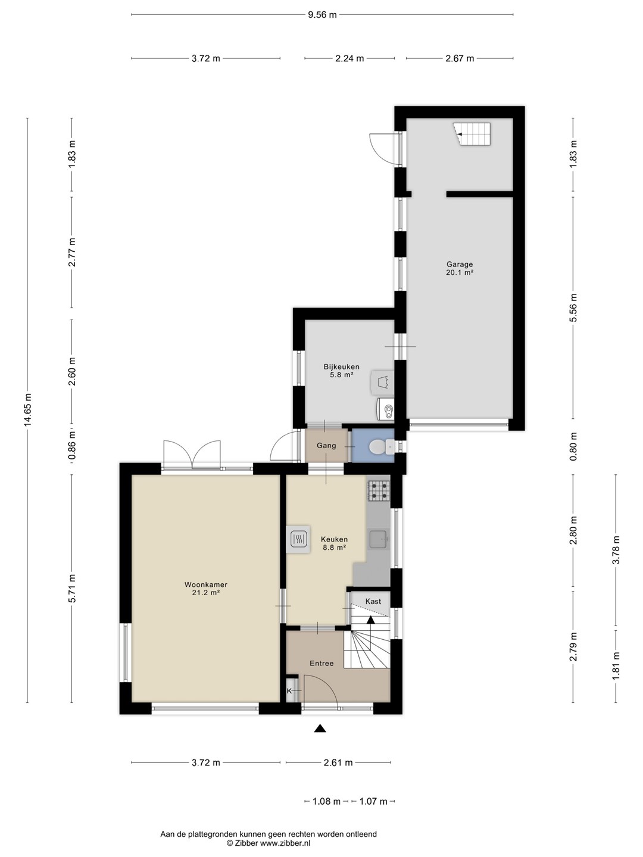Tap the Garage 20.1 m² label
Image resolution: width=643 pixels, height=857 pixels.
pos(460,268)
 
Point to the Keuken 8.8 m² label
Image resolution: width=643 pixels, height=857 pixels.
pos(334,543)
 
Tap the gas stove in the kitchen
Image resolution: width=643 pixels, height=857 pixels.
pos(379,490)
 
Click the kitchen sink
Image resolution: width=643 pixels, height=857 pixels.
pos(378,540)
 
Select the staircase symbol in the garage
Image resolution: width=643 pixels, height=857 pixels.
pos(472,134)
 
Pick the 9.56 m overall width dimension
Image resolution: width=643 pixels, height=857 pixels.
pos(322,15)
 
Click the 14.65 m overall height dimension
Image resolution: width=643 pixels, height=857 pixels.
pos(27,410)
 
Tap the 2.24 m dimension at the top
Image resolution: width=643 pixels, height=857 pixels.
pos(349,58)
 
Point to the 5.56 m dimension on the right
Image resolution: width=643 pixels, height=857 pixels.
pos(573,308)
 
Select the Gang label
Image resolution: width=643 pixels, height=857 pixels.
pos(326,446)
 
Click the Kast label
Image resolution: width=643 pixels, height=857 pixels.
pos(373,601)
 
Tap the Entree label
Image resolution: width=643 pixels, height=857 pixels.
pos(321,664)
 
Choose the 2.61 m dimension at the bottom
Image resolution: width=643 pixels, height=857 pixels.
pos(338,762)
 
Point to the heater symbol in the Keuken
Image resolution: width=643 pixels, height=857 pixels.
pos(298,540)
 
